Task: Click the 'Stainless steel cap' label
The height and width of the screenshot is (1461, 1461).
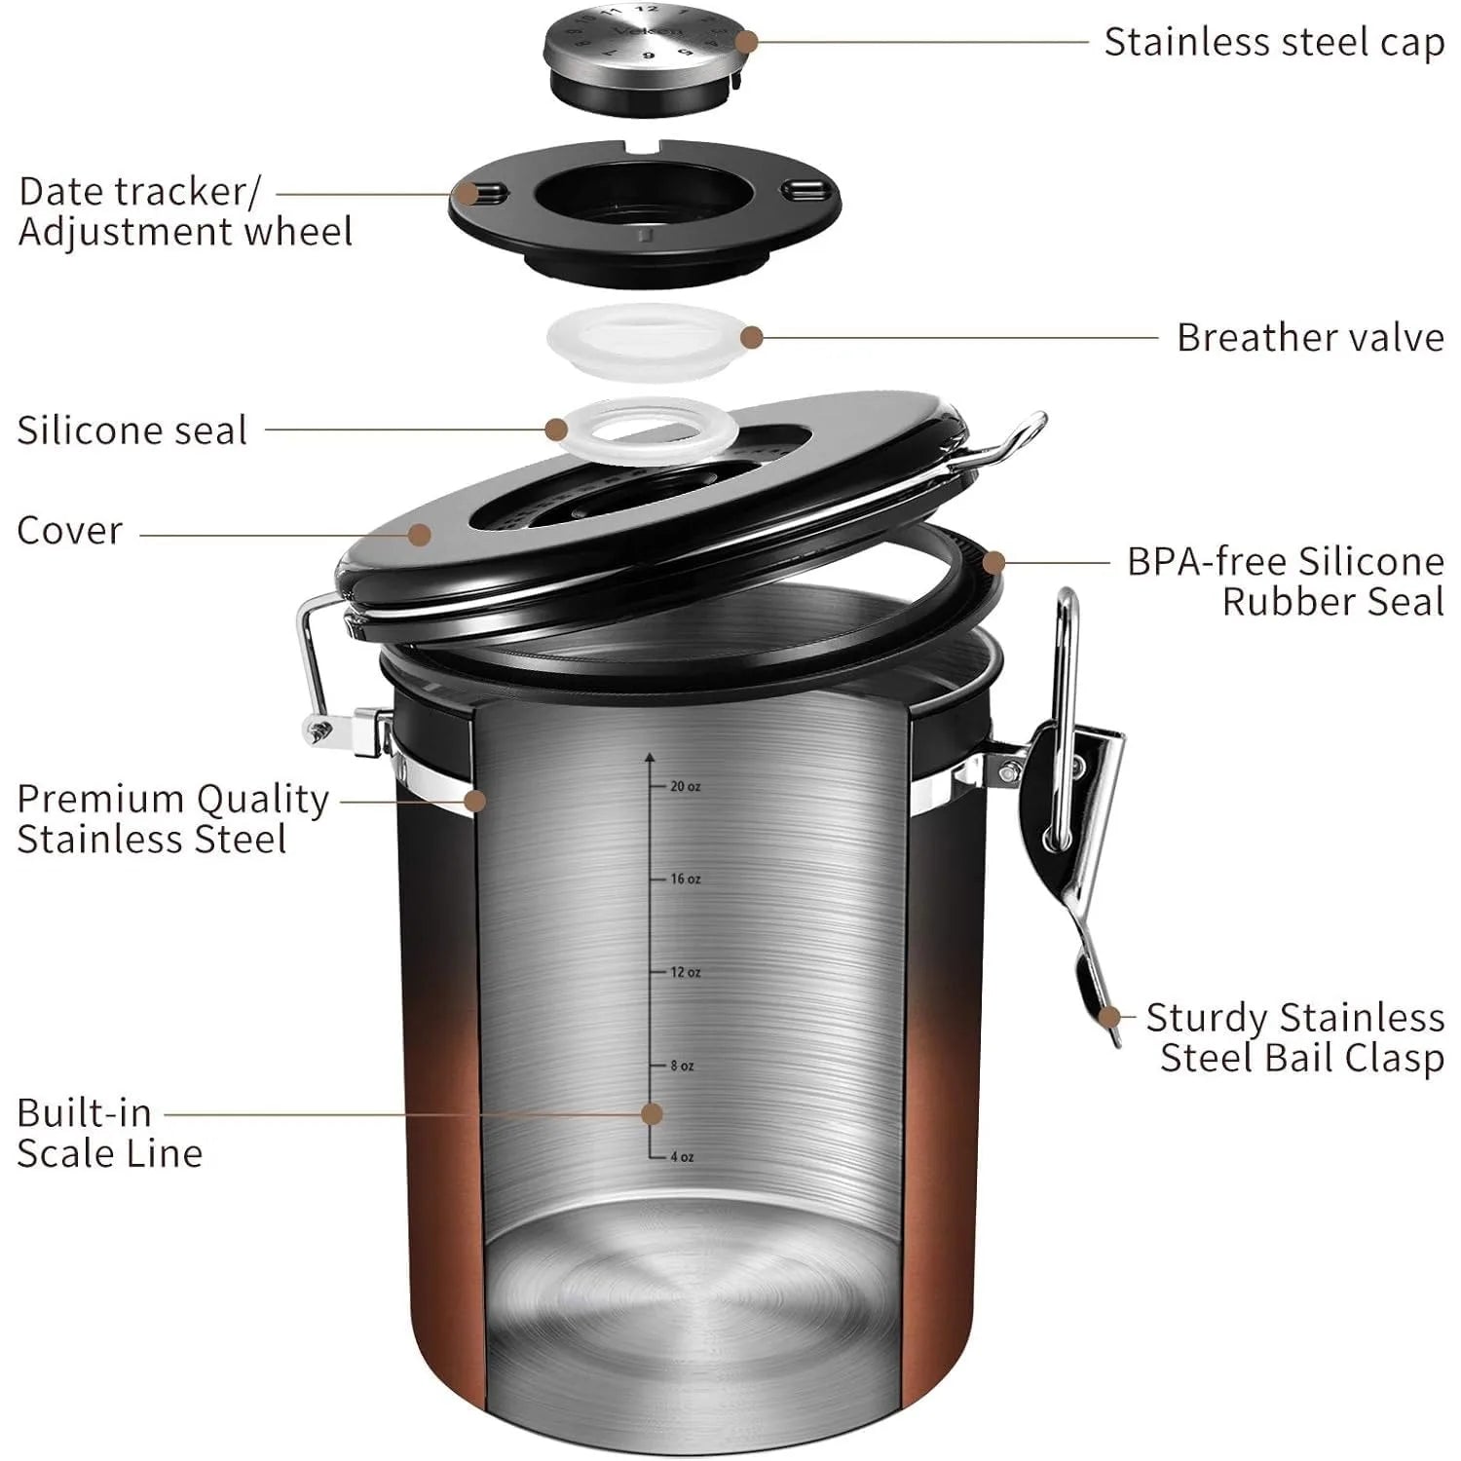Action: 1273,43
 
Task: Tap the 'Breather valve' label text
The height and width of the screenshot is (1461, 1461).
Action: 1309,338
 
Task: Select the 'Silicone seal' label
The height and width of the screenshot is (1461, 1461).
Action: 132,431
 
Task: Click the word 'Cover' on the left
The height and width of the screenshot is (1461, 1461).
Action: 70,531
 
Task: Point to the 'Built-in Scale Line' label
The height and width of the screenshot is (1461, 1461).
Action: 109,1133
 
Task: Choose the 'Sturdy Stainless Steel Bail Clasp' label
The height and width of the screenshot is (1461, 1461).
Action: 1295,1037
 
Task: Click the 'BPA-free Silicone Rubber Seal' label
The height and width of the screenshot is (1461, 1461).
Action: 1286,581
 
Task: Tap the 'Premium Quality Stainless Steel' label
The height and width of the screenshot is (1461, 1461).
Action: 172,819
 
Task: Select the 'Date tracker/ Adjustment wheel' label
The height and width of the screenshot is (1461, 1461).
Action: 185,212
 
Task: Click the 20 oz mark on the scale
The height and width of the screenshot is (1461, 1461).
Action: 684,786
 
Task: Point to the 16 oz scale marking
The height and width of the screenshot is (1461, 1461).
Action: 684,879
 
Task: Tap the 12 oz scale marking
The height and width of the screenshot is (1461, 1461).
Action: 684,972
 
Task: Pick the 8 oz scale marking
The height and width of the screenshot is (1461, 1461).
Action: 681,1066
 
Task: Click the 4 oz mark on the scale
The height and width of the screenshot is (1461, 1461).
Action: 681,1157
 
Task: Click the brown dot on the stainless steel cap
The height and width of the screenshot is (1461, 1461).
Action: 746,42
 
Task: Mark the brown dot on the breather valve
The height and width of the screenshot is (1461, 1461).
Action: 751,337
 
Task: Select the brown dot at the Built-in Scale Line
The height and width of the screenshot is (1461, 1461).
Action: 652,1113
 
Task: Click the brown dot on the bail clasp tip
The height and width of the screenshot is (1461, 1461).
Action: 1108,1017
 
